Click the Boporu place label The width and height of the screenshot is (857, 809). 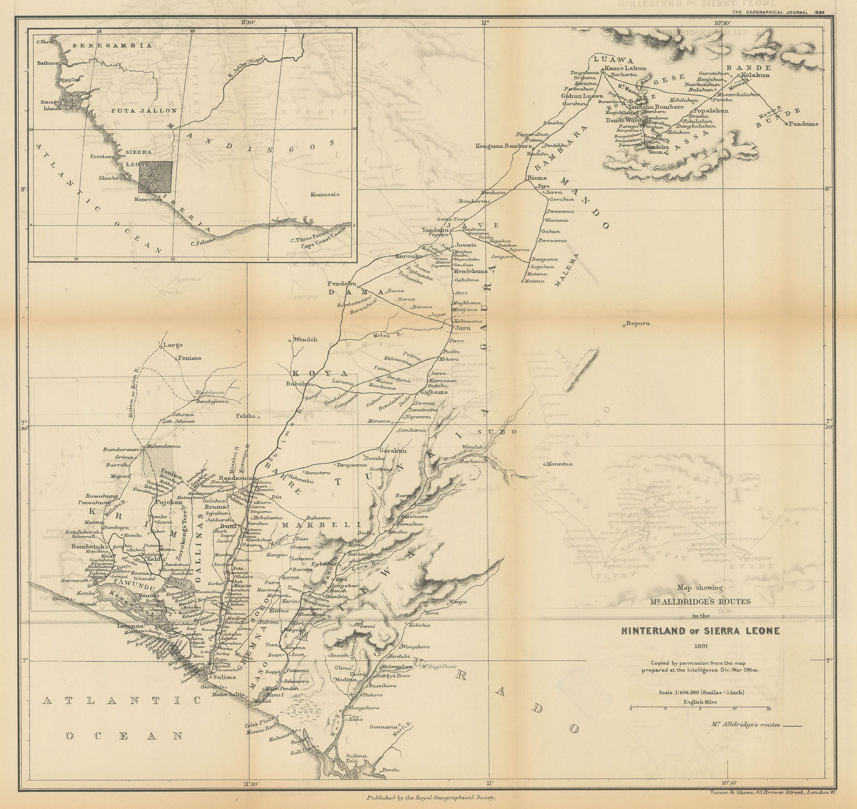pyautogui.click(x=638, y=324)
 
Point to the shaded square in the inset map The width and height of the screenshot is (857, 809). pyautogui.click(x=155, y=177)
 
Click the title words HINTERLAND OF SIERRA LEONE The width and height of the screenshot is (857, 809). pyautogui.click(x=700, y=630)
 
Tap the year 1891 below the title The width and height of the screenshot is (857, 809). pyautogui.click(x=701, y=646)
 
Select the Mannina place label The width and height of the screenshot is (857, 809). pyautogui.click(x=560, y=463)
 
